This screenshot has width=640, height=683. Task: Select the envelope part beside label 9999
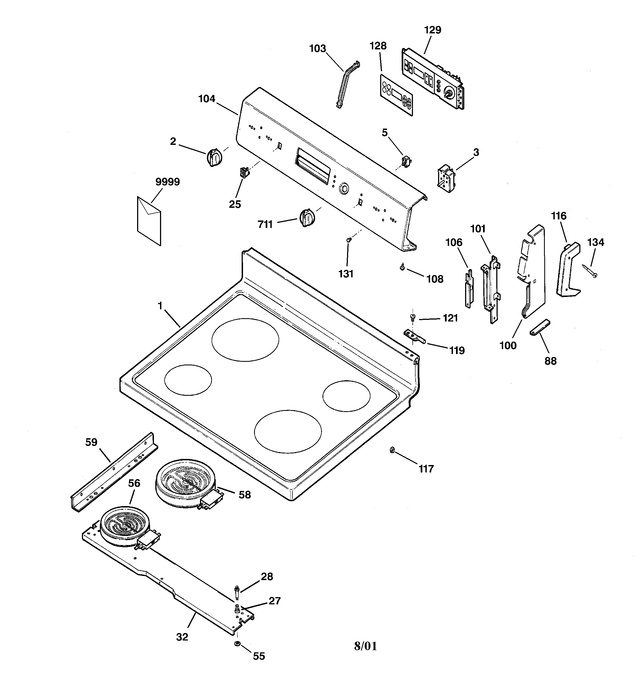(149, 220)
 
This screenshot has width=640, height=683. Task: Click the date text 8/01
(365, 646)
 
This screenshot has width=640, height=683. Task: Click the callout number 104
(207, 99)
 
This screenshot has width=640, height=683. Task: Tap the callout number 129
(433, 30)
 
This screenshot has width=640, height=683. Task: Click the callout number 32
(182, 637)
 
